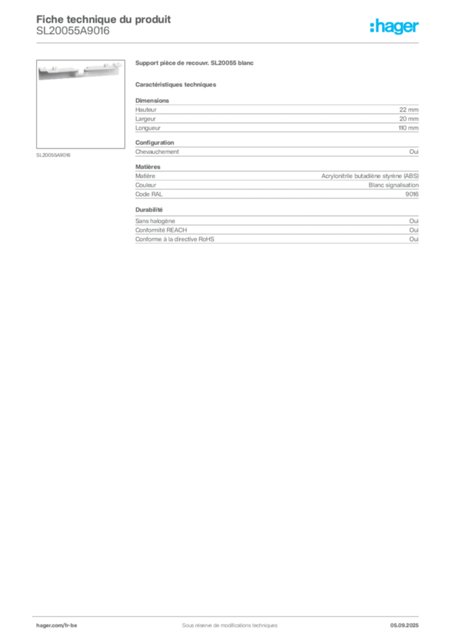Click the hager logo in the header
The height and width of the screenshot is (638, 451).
click(x=394, y=26)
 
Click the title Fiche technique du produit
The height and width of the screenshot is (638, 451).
click(x=103, y=19)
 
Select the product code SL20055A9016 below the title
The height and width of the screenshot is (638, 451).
click(x=73, y=31)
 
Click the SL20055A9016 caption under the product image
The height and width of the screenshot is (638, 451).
click(x=54, y=155)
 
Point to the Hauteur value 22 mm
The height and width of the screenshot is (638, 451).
click(x=409, y=110)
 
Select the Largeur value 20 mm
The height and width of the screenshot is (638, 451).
click(x=409, y=119)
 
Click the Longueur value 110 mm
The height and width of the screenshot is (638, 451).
click(x=408, y=128)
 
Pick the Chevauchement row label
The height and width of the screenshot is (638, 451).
click(x=157, y=152)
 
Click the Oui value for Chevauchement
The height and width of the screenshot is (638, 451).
click(x=414, y=152)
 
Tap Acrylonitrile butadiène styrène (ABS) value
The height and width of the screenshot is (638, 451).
click(x=369, y=176)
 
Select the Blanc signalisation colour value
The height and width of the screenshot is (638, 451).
click(x=393, y=185)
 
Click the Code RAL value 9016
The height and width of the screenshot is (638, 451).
click(x=412, y=194)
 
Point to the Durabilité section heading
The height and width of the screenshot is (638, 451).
click(x=149, y=210)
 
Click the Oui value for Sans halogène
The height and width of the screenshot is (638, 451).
click(x=414, y=221)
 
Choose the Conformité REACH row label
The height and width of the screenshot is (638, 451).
click(x=161, y=231)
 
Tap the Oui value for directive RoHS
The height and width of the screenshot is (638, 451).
click(x=414, y=239)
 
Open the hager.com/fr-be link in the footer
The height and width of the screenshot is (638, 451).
click(x=57, y=626)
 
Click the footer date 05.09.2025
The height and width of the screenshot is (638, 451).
click(x=404, y=626)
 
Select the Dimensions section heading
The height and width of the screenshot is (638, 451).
click(x=152, y=100)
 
